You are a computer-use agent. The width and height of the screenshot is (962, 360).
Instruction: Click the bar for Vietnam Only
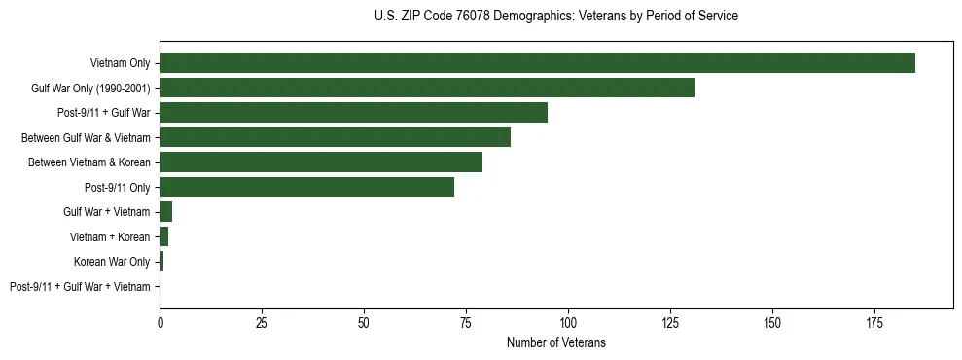(x=537, y=63)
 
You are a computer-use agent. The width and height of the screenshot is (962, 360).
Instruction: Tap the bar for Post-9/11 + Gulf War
(x=353, y=113)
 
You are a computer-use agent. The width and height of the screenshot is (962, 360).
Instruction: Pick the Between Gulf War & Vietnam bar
(x=335, y=137)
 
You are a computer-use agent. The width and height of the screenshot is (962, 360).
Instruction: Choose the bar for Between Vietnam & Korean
(x=321, y=162)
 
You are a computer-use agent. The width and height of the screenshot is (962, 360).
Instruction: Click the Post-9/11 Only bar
(x=306, y=187)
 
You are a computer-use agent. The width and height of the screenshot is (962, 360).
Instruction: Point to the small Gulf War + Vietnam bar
(x=166, y=212)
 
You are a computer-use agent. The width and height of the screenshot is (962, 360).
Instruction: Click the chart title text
(x=555, y=17)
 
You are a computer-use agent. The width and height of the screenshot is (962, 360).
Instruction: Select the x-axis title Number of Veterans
(x=555, y=342)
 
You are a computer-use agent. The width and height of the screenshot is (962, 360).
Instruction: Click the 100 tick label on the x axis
(x=568, y=321)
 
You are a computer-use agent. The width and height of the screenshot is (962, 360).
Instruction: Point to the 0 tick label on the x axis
(x=160, y=321)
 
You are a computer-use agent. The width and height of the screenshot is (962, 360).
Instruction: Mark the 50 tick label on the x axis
(x=364, y=321)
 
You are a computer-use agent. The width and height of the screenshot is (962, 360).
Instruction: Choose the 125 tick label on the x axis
(x=670, y=321)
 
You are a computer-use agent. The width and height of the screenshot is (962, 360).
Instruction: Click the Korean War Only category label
(x=112, y=262)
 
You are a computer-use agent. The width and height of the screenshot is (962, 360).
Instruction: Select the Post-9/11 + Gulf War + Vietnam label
(x=80, y=287)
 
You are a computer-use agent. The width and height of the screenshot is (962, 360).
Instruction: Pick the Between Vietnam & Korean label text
(x=89, y=162)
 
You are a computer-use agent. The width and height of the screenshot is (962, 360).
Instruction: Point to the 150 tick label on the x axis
(x=772, y=321)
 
